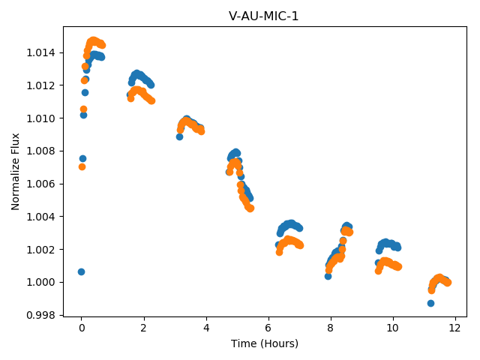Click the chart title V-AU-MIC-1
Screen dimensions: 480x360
coord(263,16)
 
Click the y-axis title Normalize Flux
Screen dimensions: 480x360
coord(15,172)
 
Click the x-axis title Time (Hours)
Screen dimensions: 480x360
coord(265,343)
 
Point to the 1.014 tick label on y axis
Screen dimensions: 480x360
coord(41,53)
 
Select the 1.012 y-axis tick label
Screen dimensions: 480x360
coord(41,85)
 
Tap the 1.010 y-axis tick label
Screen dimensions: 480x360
coord(41,118)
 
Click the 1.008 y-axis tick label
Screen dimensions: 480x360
coord(41,151)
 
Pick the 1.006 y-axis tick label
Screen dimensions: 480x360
coord(41,184)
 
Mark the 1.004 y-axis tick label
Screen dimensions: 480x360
coord(41,217)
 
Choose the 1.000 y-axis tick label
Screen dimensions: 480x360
coord(41,282)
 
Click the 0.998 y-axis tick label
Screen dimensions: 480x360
coord(41,315)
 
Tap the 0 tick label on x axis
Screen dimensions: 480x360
coord(82,328)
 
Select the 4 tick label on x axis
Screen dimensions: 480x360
coord(206,328)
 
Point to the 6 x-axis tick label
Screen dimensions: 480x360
coord(268,328)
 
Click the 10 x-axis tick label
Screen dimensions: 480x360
coord(393,328)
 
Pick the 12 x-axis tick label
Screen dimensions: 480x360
coord(455,328)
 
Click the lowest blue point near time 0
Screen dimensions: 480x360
coord(81,271)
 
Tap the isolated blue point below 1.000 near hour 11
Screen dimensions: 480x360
coord(430,303)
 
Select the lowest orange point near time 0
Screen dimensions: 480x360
coord(82,166)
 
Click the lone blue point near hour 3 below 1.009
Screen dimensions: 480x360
coord(179,136)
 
